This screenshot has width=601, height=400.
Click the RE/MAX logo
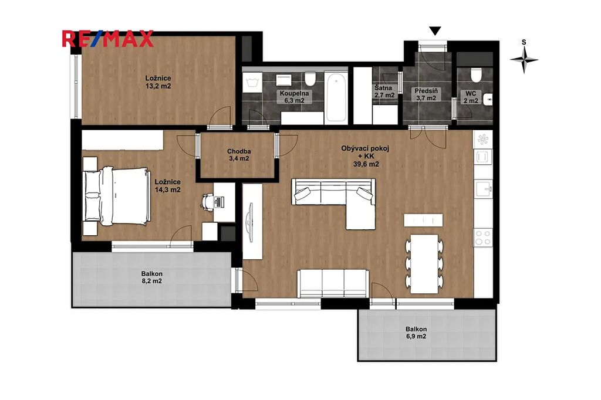click(x=108, y=38)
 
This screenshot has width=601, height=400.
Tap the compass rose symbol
click(x=524, y=59)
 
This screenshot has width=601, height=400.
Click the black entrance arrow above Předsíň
click(x=435, y=31)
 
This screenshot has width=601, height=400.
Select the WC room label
click(x=471, y=97)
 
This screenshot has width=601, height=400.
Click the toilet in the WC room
click(x=475, y=74)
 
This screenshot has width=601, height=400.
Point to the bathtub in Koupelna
click(x=336, y=97)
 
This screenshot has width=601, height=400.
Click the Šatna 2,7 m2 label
click(x=384, y=91)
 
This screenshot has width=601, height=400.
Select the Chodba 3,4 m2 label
click(x=239, y=155)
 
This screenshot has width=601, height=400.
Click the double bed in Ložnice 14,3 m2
click(x=117, y=195)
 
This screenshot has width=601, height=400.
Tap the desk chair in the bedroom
click(x=207, y=201)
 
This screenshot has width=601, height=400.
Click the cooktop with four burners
click(x=483, y=237)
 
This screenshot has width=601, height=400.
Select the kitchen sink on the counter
click(x=484, y=189)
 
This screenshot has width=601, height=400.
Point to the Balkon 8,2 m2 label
click(x=152, y=277)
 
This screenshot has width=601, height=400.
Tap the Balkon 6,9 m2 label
click(x=416, y=333)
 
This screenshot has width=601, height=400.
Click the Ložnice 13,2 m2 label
click(x=158, y=82)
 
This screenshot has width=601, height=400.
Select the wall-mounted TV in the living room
click(x=251, y=222)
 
